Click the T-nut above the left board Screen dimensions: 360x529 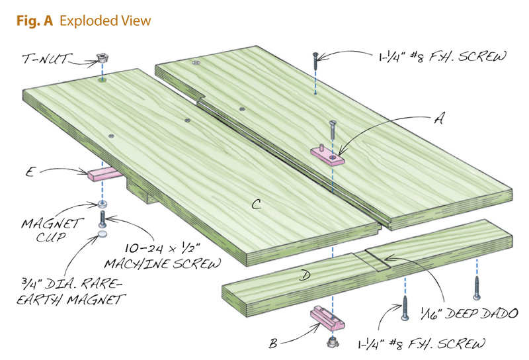click(102, 58)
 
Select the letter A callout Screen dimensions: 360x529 click(436, 119)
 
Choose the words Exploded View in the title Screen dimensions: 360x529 click(105, 21)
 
